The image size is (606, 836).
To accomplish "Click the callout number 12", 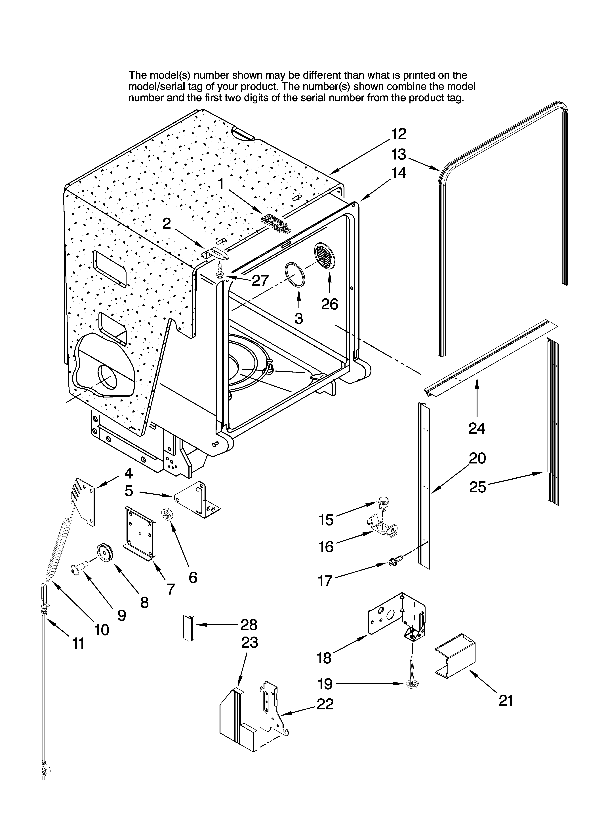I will click(399, 134).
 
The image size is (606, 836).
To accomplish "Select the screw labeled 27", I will click(221, 272).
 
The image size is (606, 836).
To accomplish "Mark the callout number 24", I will click(477, 428).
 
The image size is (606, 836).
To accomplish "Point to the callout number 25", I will click(477, 487).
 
